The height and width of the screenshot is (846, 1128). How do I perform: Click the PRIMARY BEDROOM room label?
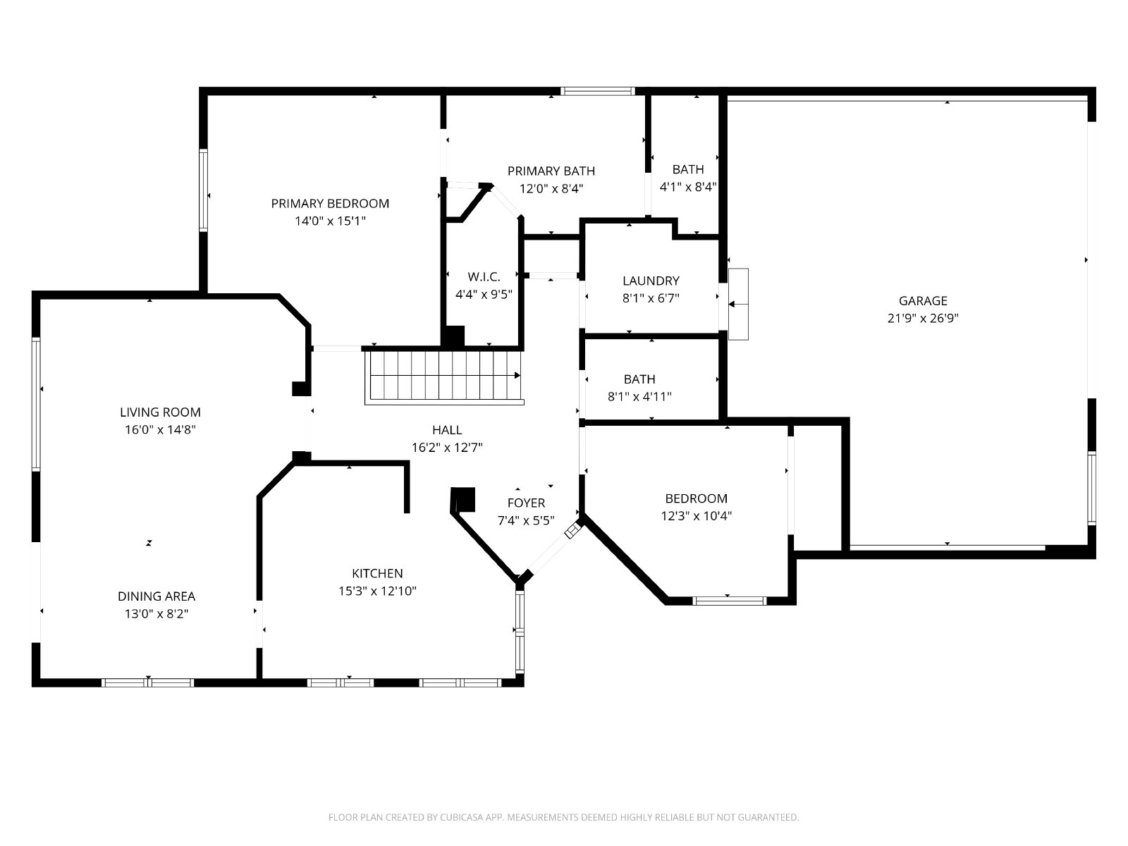tap(330, 204)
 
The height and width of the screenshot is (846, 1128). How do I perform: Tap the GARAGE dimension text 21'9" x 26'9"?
tap(923, 319)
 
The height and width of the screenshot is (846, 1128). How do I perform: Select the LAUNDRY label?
tap(651, 281)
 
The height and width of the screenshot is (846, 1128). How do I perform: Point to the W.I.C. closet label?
tap(484, 277)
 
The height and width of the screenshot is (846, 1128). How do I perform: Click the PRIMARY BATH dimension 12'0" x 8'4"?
tap(551, 189)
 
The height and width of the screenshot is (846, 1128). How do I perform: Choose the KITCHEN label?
tap(377, 573)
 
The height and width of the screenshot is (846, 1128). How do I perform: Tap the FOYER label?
tap(526, 503)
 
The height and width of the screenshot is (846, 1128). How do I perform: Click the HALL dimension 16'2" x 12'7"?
tap(447, 448)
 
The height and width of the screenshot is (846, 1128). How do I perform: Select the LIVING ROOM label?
tap(160, 412)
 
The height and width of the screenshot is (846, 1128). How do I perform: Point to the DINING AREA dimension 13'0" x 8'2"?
tap(157, 614)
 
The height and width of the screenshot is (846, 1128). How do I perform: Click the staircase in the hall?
tap(444, 377)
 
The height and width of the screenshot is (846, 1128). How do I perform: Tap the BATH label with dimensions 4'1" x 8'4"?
tap(688, 169)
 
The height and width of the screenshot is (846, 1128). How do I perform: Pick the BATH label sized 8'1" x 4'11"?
tap(639, 379)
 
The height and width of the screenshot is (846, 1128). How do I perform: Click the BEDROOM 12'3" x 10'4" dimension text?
tap(697, 516)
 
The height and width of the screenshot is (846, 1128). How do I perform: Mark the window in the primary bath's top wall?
tap(598, 92)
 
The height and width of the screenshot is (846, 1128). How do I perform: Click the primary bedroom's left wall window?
tap(204, 190)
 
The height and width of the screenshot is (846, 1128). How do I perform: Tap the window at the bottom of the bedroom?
tap(729, 601)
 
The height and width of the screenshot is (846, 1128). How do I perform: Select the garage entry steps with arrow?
tap(738, 304)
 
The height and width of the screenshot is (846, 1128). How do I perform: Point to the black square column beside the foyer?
tap(463, 499)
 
